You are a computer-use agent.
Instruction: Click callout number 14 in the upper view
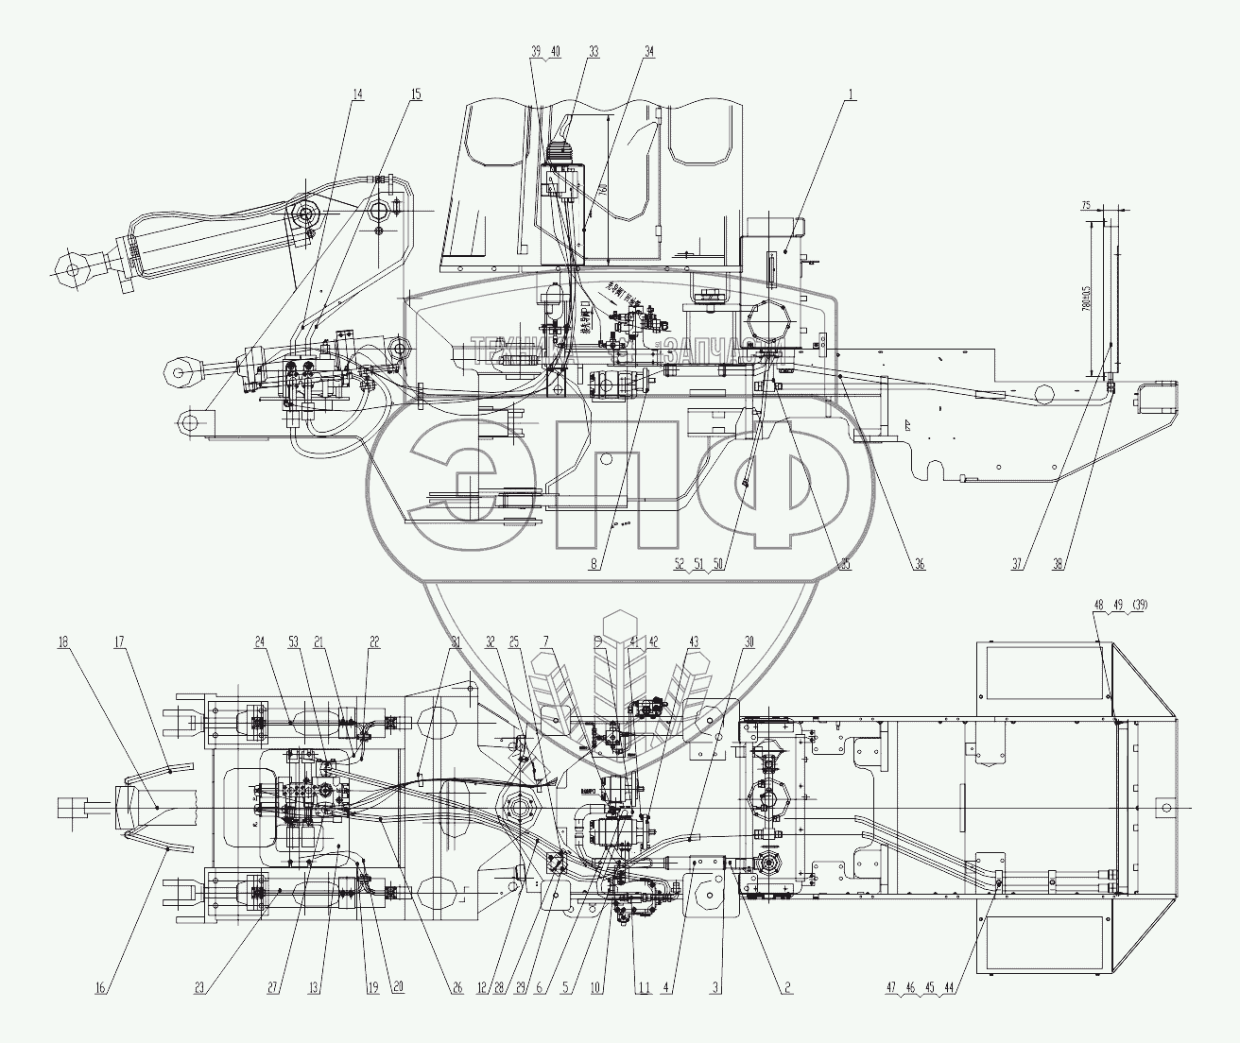click(356, 94)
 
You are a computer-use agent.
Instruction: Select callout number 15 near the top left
click(416, 94)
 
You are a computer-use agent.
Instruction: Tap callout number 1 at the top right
click(851, 94)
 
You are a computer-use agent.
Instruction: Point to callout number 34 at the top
click(648, 53)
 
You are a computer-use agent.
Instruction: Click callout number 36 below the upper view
click(919, 565)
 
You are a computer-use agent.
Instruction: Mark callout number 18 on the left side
click(63, 641)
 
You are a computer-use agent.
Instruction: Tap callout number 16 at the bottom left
click(103, 988)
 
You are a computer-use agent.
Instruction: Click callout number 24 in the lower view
click(259, 641)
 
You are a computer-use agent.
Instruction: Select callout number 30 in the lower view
click(749, 641)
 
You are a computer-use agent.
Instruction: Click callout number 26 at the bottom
click(456, 988)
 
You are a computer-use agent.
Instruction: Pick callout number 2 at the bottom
click(786, 988)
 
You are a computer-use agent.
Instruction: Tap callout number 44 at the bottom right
click(975, 988)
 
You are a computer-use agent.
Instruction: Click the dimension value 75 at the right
click(1085, 205)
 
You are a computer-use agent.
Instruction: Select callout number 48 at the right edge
click(1099, 605)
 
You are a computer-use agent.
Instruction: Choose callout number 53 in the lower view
click(296, 641)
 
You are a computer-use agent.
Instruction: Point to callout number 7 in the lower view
click(545, 641)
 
